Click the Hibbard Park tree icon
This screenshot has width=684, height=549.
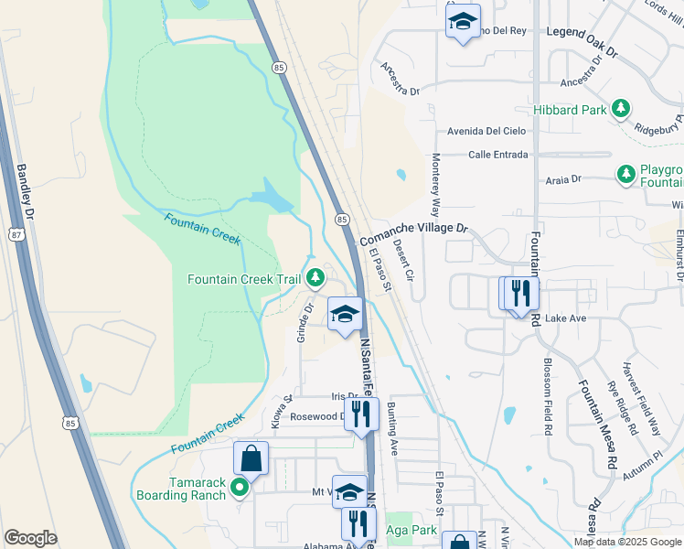(x=621, y=110)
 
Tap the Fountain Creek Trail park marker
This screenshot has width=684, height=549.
(x=315, y=277)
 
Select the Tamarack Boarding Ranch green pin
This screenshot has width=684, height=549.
(x=240, y=488)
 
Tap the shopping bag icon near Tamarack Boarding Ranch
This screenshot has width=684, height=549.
(x=251, y=459)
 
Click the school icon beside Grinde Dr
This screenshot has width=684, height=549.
(x=345, y=314)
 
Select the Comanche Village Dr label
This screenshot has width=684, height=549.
(x=414, y=231)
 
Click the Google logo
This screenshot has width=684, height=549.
(x=30, y=537)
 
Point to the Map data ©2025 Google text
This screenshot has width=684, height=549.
(x=626, y=542)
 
